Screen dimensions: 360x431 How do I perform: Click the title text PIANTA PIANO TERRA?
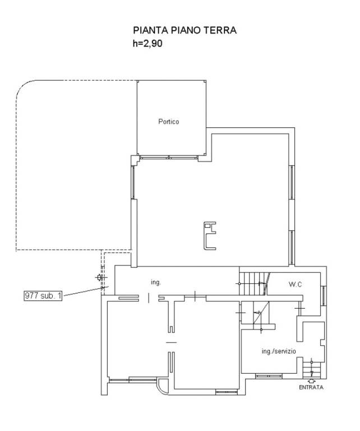pos(184,30)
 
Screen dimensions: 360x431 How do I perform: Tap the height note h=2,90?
pos(147,43)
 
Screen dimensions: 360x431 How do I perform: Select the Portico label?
pos(169,121)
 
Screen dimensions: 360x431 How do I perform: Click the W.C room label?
pos(295,284)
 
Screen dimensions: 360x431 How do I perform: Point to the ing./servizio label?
pos(279,351)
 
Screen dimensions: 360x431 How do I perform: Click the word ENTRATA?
pos(311,387)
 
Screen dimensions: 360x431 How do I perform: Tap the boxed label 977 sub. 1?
pos(43,296)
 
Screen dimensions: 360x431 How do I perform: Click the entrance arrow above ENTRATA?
pos(312,381)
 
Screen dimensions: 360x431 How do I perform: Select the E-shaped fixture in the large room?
pos(210,236)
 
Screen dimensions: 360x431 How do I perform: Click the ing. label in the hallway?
pos(155,282)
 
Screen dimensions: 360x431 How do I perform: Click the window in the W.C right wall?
pos(324,296)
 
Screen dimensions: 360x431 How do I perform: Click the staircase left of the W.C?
pos(253,283)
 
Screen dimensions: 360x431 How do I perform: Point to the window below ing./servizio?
pos(269,376)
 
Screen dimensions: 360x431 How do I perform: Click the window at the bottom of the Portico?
pos(169,158)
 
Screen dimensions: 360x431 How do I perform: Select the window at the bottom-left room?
pos(133,380)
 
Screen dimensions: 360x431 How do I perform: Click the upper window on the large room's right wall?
pos(292,182)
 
